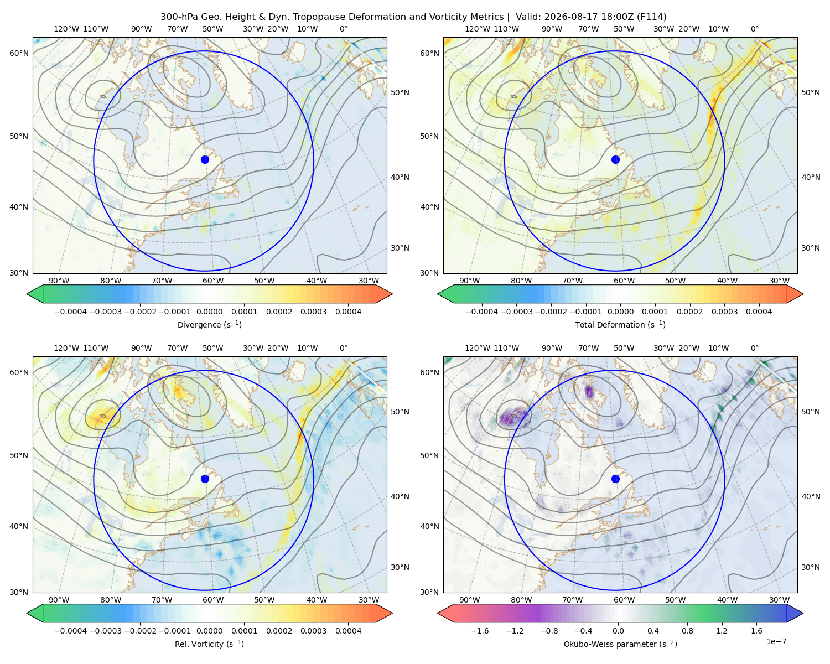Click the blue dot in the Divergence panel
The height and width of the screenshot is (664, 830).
tap(205, 159)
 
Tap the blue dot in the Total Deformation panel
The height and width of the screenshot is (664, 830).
tap(615, 159)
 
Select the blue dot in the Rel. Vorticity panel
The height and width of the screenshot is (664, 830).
tap(205, 479)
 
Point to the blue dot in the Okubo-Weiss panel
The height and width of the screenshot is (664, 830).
tap(615, 479)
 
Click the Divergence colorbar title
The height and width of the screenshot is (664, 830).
tap(209, 324)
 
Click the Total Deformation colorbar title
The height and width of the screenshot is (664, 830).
tap(620, 324)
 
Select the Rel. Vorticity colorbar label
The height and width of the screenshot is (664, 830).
tap(209, 644)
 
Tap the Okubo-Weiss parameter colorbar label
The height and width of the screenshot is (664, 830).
tap(620, 644)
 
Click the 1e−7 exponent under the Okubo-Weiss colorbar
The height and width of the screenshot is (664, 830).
tap(776, 641)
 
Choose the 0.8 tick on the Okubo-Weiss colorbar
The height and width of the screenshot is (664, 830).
tap(687, 630)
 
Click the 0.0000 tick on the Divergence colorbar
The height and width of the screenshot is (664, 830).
tap(209, 312)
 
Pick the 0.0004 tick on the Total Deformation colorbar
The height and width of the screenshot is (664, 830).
tap(759, 312)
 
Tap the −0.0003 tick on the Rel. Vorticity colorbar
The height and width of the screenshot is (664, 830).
tap(105, 630)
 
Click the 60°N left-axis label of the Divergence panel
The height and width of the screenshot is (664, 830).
tap(19, 53)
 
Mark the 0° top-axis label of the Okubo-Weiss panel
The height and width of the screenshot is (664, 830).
tap(754, 348)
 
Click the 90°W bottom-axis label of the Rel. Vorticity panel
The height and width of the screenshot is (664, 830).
tap(59, 600)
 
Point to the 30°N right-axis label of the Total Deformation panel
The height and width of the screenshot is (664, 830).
tap(811, 248)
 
